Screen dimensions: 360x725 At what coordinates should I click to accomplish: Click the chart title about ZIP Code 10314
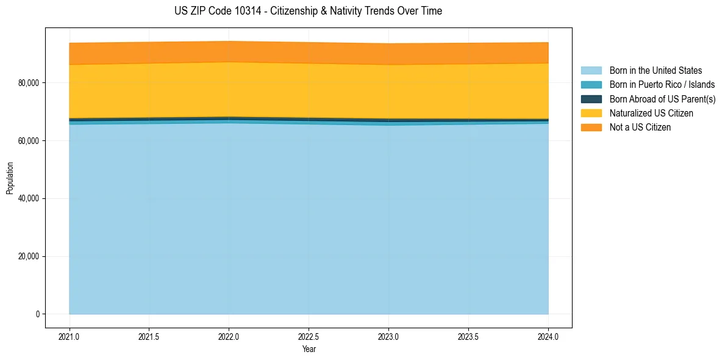click(x=308, y=11)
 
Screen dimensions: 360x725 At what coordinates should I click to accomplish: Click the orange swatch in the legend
click(x=591, y=128)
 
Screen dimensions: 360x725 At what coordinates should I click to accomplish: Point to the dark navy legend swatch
click(x=591, y=99)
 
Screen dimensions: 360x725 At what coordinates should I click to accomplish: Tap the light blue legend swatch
click(x=591, y=71)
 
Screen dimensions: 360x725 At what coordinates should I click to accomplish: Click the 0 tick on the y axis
click(x=38, y=314)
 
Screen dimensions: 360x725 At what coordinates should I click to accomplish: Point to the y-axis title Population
click(x=10, y=178)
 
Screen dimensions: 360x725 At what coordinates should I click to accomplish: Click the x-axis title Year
click(x=309, y=349)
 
